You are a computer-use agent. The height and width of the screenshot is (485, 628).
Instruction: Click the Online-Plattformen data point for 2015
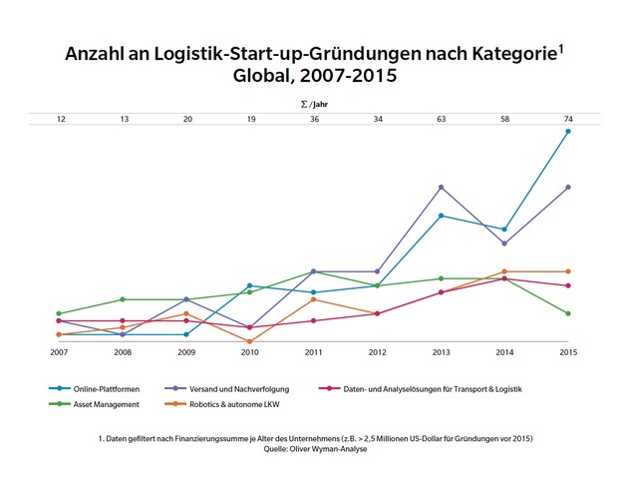(568, 131)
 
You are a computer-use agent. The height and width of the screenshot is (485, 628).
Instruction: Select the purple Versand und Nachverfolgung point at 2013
(441, 187)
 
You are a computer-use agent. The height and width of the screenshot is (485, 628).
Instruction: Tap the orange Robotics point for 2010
(249, 341)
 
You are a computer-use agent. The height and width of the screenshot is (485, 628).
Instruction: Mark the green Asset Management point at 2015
(568, 313)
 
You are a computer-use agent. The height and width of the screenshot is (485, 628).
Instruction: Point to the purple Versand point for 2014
(504, 243)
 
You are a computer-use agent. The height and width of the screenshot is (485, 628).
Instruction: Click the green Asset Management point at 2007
(59, 313)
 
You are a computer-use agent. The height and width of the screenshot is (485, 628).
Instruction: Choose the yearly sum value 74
(568, 119)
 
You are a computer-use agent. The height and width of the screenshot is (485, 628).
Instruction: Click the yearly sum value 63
(441, 119)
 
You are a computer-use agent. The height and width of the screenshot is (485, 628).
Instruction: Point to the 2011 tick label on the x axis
(313, 352)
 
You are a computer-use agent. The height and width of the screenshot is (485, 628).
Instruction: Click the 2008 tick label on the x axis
(123, 352)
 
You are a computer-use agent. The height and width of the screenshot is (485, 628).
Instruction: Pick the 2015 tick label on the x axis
(568, 352)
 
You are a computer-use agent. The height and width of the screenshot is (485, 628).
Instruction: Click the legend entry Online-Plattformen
(100, 388)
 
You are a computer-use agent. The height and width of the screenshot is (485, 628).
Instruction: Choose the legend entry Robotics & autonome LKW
(235, 404)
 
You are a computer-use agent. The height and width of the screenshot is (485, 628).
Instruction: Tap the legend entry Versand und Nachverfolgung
(245, 388)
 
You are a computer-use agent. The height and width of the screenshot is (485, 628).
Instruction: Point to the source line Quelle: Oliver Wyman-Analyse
(314, 450)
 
